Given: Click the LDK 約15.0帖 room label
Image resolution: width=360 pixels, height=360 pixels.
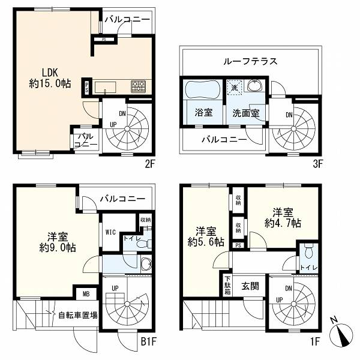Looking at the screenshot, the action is coord(50,78).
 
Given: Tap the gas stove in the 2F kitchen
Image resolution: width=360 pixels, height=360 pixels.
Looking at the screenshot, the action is coord(139,86).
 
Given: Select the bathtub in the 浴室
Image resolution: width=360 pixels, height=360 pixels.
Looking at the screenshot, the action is coord(203,90).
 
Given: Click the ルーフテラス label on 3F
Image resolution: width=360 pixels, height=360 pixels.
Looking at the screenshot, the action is coord(250,61).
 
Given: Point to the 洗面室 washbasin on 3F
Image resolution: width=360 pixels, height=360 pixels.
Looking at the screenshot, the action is coord(254,86).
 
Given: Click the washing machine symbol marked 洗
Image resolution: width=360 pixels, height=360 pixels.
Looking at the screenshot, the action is coord(234,88).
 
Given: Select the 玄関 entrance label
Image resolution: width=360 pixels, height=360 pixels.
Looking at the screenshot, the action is coord(250,286).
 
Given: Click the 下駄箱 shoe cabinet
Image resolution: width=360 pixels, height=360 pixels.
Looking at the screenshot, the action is coord(228,286).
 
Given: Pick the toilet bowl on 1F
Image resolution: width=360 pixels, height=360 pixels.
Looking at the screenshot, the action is coord(308,252).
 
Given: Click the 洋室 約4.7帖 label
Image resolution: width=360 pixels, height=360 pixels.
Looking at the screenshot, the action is coord(283,218).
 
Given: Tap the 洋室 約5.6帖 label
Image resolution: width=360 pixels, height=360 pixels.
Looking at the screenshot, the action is coord(206,237).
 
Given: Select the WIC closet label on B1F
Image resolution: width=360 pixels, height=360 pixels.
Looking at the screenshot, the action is coord(110,232).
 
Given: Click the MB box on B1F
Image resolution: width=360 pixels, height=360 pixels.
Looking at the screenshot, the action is coord(86,293).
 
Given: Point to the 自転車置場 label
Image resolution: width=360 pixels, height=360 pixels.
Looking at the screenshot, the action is coord(78,315).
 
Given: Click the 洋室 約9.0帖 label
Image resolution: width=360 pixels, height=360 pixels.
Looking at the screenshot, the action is coord(58,242).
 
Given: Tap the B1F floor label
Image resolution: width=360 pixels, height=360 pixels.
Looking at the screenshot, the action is coord(148,342).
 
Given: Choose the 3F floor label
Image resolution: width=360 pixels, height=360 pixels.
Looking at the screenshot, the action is coord(318,164).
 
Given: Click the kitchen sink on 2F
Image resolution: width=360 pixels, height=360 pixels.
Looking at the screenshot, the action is coord(106,87).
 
